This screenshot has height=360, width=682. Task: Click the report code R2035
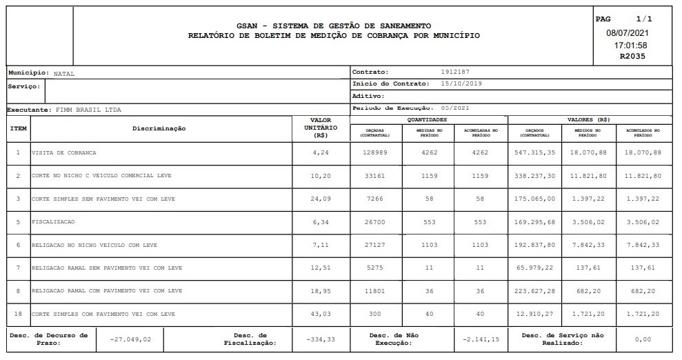(x=632, y=57)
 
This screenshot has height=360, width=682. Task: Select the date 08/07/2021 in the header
(x=628, y=33)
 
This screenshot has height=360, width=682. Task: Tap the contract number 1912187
(x=456, y=72)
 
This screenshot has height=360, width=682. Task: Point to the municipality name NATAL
(x=64, y=73)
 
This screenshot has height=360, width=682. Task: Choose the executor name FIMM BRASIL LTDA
(x=81, y=110)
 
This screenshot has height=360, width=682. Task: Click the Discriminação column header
(x=159, y=129)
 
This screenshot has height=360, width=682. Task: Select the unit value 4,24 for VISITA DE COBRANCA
(x=320, y=152)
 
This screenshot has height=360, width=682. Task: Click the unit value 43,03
(x=320, y=314)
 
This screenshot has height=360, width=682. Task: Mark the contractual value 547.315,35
(x=534, y=152)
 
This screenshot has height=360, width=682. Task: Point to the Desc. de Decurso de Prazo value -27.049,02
(x=131, y=339)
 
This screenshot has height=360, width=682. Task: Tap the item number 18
(x=18, y=314)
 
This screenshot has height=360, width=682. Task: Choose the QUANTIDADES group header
(x=428, y=119)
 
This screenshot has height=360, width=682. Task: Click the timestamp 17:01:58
(x=631, y=45)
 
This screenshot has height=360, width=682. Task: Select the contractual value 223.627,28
(x=534, y=291)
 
